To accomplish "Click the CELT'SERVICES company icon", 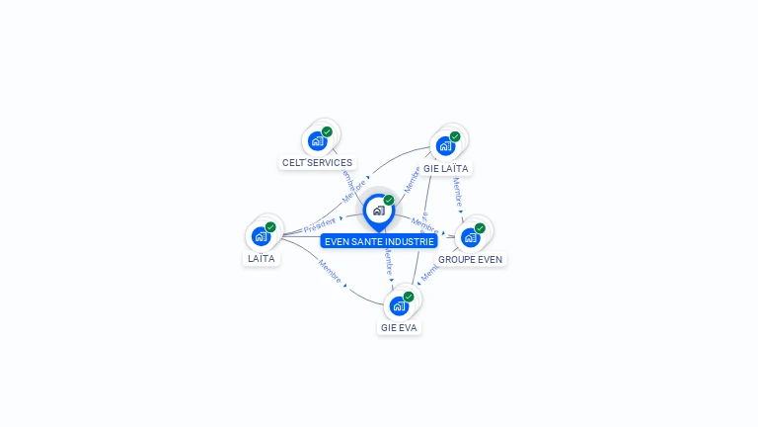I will tap(317, 141).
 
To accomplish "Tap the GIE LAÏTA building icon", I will tap(445, 146).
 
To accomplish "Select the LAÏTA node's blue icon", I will tap(261, 236).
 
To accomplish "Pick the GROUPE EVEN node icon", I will tap(470, 237).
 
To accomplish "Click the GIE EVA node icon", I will tap(399, 305).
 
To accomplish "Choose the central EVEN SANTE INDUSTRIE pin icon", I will tap(379, 211).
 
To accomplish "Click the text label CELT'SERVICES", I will tap(317, 162).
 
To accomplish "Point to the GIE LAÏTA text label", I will tap(445, 168).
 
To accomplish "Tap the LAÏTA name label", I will tap(262, 258).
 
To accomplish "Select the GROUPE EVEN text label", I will tap(470, 259).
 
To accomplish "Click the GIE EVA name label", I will tap(399, 327).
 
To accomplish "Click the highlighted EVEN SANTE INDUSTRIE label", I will tap(379, 240).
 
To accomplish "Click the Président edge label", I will tap(320, 224).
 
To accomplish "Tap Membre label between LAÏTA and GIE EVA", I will tap(330, 271).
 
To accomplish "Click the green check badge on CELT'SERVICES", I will tap(327, 131).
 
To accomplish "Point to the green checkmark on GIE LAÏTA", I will tap(455, 136).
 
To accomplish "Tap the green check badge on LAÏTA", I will tap(270, 227).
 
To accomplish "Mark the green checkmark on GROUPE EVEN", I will tap(480, 228).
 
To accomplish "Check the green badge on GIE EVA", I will tap(409, 297).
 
